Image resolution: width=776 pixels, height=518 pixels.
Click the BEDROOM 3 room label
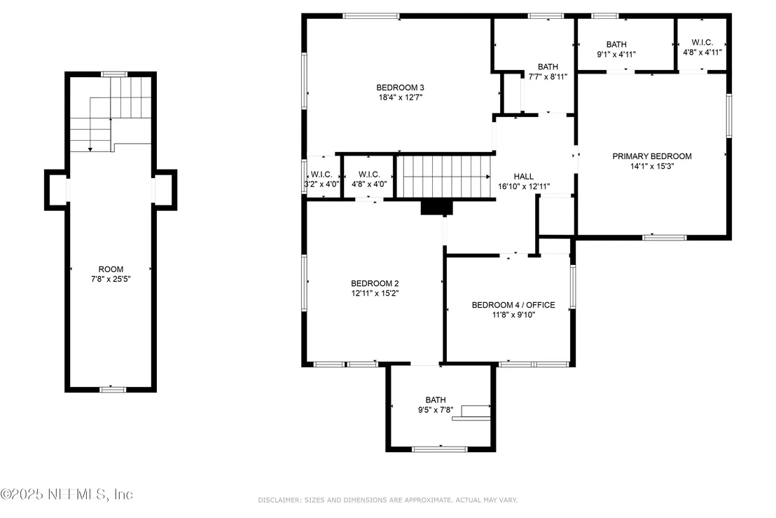[x=400, y=88]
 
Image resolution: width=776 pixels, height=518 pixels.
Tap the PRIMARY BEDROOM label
[x=652, y=156]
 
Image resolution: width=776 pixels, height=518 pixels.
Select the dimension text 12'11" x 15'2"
[x=375, y=293]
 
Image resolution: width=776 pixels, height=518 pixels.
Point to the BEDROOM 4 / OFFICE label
[x=513, y=304]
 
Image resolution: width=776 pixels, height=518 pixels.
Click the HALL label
[x=523, y=177]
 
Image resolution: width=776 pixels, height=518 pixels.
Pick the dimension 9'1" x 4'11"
[x=616, y=55]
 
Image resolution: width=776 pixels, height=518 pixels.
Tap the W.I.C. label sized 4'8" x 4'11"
[x=702, y=42]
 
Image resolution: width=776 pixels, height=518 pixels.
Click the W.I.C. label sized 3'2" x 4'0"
[x=321, y=175]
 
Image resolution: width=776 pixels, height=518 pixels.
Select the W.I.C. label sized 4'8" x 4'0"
[x=369, y=175]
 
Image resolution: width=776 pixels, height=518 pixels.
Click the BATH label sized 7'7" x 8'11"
[x=548, y=67]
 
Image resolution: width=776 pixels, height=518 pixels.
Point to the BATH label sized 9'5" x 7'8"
[x=436, y=400]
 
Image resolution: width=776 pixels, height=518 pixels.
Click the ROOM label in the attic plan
[x=111, y=269]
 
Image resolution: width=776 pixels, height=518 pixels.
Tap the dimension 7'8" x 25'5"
[x=111, y=279]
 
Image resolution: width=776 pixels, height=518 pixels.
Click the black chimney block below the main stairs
[x=436, y=207]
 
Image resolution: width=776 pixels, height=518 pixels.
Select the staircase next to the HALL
[x=445, y=177]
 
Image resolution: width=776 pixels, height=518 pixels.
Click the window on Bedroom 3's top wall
[x=371, y=16]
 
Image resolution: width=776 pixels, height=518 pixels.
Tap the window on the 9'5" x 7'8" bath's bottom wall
[x=439, y=449]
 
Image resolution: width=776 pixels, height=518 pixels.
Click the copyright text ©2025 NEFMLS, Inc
[x=67, y=494]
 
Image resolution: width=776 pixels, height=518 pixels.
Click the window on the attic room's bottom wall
[x=113, y=390]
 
